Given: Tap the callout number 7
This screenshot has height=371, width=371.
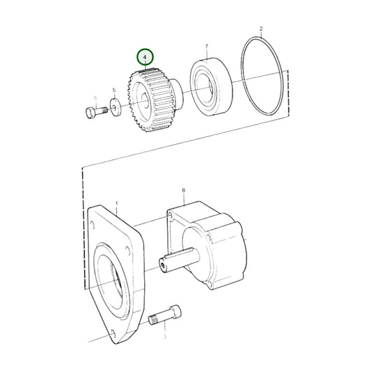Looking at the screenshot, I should tap(207, 47).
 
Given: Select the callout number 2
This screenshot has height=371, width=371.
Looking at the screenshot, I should tap(261, 29).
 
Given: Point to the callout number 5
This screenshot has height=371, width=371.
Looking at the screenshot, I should tap(114, 90).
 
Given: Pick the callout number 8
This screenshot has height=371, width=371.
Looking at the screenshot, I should tap(183, 189).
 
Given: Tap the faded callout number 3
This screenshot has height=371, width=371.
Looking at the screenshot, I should tap(165, 336).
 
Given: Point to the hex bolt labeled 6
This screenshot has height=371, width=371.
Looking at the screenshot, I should tap(93, 113).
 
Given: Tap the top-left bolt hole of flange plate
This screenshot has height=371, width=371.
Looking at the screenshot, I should tap(93, 223).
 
